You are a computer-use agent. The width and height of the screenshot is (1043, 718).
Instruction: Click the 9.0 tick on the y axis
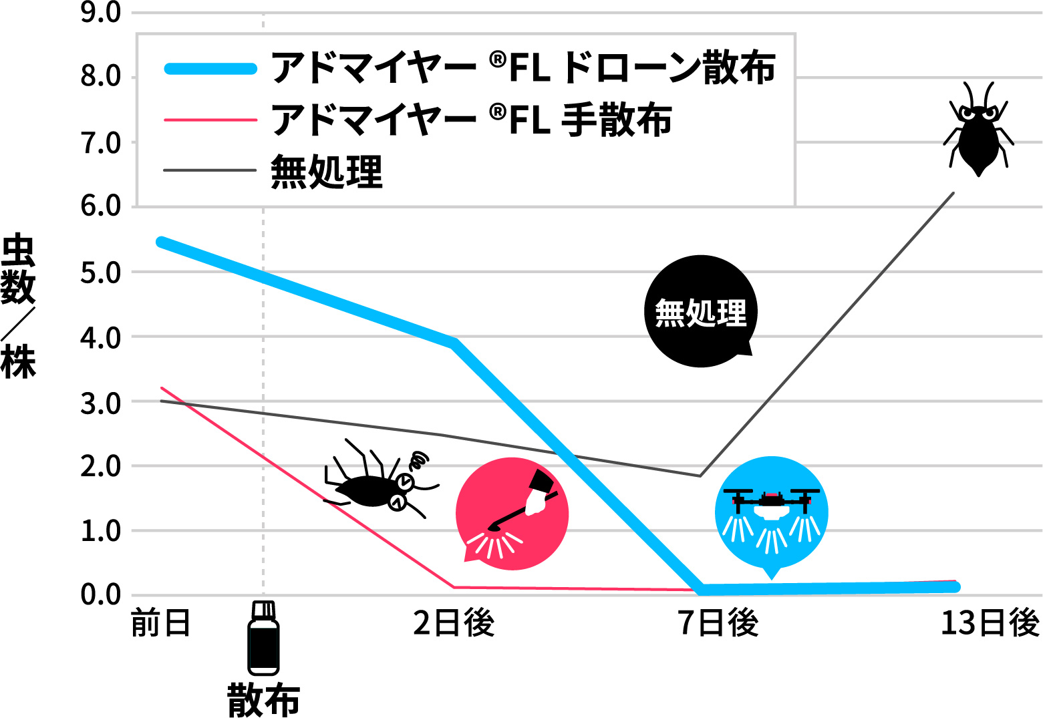[x=100, y=13]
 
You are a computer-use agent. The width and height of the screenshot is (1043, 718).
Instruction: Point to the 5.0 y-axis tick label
[x=100, y=273]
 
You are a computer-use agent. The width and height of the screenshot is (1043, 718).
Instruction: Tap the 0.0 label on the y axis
[x=100, y=595]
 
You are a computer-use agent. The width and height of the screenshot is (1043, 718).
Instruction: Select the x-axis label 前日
[x=160, y=623]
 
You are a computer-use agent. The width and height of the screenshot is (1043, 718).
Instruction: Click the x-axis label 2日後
[x=454, y=623]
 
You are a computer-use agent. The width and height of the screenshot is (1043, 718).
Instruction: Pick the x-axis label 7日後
[x=718, y=623]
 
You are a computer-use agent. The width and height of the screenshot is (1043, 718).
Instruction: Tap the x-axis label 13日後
[x=990, y=623]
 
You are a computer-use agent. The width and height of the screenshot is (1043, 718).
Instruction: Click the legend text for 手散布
[x=471, y=120]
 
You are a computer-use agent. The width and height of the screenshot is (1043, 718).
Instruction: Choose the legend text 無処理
[x=326, y=172]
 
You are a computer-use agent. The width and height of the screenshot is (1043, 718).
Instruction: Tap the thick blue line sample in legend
[x=210, y=68]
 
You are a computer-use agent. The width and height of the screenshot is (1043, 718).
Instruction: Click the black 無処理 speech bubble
[x=701, y=311]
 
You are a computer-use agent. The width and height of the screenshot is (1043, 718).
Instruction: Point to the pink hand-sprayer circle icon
[x=512, y=514]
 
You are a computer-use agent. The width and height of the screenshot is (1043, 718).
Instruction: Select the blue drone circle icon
[x=772, y=513]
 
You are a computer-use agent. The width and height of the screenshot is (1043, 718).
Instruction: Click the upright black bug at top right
[x=978, y=130]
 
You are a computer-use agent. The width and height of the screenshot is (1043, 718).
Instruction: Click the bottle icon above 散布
[x=263, y=638]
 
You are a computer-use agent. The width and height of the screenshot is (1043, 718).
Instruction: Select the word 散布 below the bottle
[x=263, y=699]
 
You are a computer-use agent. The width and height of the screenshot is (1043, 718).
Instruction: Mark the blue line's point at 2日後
[x=454, y=343]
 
